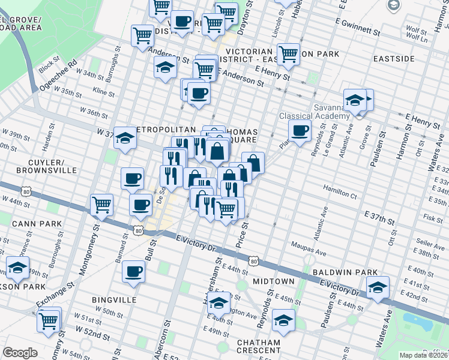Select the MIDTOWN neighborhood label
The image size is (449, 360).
click(273, 281)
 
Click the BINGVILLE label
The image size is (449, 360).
click(114, 299)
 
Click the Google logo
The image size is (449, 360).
click(20, 353)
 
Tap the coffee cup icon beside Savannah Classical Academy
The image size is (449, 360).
click(300, 129)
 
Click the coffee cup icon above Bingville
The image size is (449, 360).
click(133, 271)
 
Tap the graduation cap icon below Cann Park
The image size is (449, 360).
click(17, 266)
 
